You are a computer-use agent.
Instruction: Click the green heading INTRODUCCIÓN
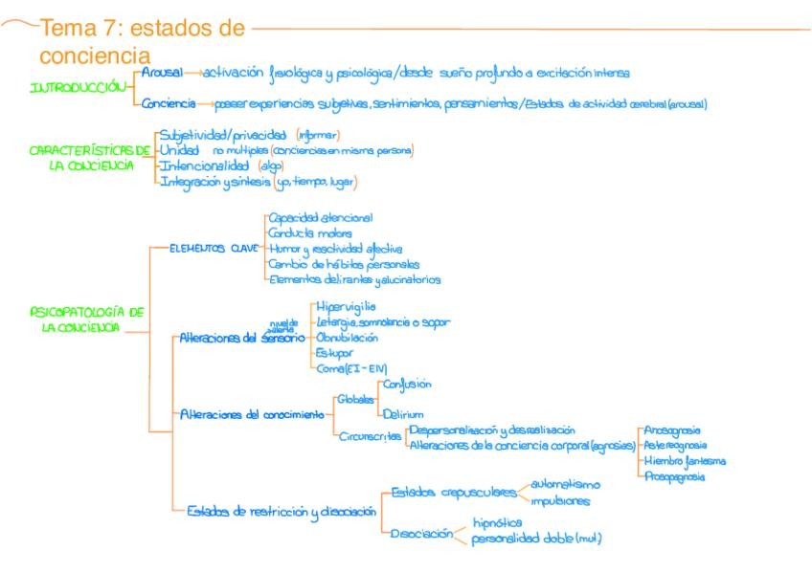click(x=79, y=87)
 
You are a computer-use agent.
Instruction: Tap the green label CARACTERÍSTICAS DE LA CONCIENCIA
click(x=90, y=158)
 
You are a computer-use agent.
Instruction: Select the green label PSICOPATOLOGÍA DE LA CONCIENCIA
click(x=88, y=320)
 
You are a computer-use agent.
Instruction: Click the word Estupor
click(x=334, y=352)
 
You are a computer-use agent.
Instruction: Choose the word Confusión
click(x=407, y=384)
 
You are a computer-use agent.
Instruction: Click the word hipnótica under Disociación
click(x=497, y=523)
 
